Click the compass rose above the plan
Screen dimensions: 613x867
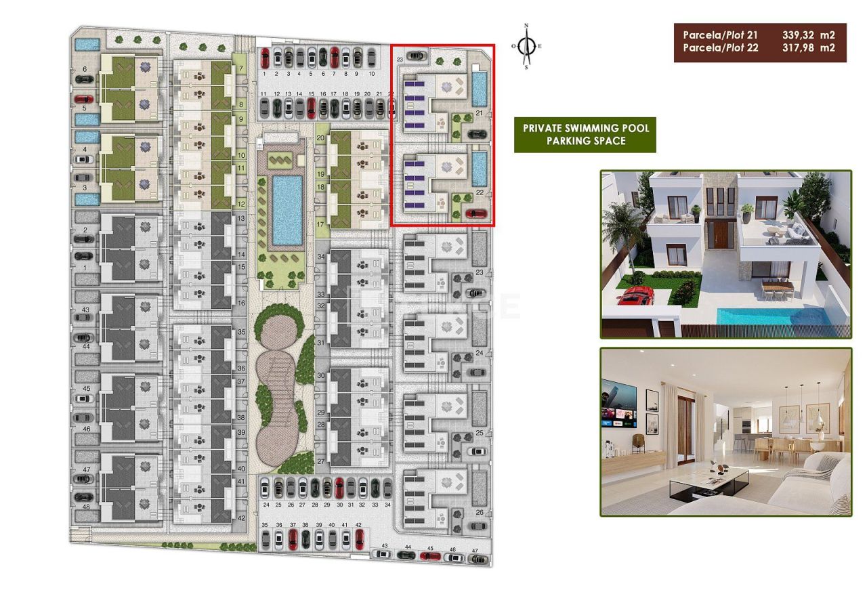click(x=526, y=47)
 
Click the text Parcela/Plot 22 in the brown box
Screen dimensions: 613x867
click(x=721, y=48)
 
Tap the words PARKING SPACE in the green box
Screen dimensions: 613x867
click(x=585, y=141)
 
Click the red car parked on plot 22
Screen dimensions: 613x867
click(x=476, y=215)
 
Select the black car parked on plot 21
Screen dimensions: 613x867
click(x=476, y=133)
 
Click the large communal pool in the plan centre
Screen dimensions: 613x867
click(x=287, y=210)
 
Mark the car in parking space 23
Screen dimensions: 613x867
click(x=416, y=56)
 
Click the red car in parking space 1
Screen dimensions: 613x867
click(x=266, y=56)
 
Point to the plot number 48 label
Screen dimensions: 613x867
click(x=86, y=507)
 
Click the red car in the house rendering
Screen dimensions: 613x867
click(x=636, y=295)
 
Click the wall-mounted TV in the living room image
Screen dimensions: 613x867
click(x=618, y=404)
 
